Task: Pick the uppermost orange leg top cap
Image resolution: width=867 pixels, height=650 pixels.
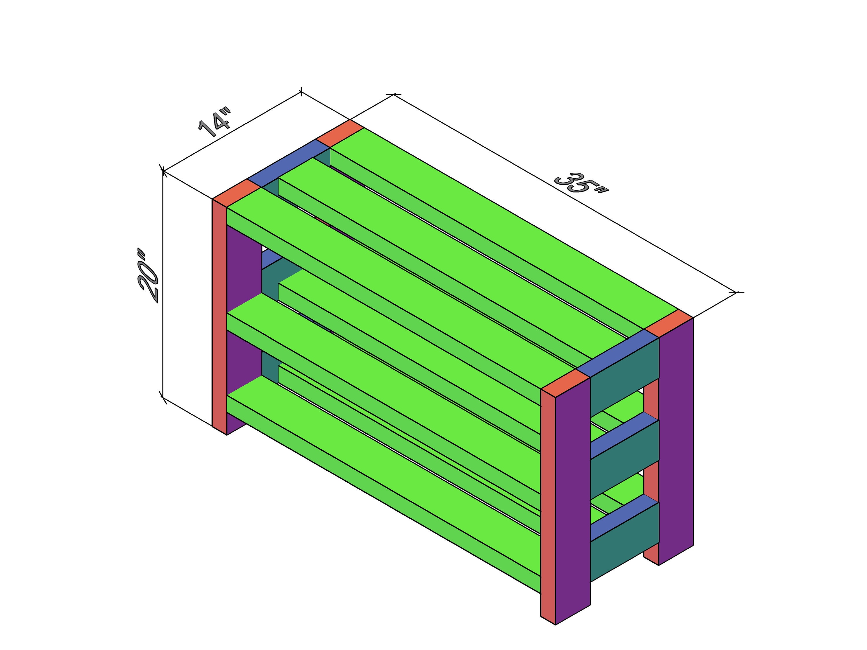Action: tap(340, 134)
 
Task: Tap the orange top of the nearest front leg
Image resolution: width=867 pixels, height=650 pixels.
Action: tap(566, 383)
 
